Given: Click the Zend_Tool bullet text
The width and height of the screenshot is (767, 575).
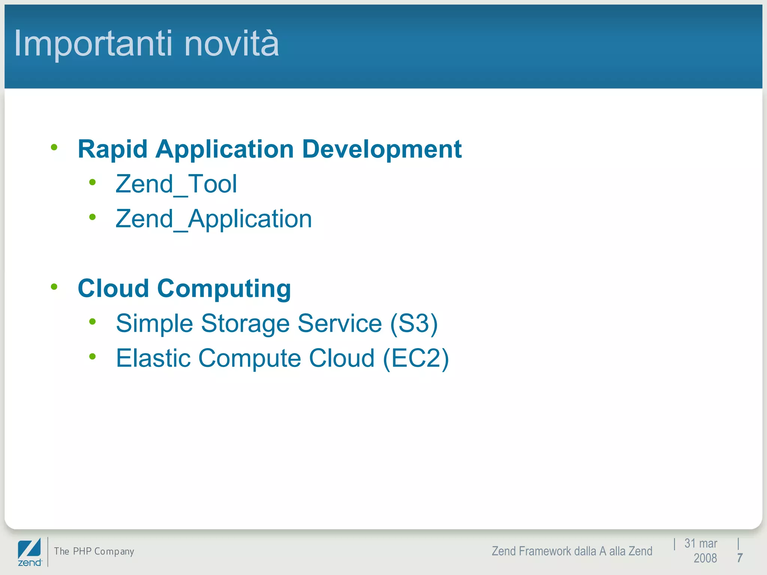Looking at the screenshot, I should (x=176, y=184).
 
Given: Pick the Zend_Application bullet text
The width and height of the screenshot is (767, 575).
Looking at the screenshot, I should (x=213, y=219).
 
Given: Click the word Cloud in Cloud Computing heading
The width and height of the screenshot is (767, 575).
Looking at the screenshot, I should (x=113, y=289).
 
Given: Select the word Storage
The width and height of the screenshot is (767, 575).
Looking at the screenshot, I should (x=245, y=323).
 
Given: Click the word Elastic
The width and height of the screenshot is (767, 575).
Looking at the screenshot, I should (x=153, y=358).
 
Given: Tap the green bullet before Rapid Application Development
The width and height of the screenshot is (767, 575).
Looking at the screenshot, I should (x=54, y=147).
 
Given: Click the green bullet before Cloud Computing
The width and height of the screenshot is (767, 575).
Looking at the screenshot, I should (x=54, y=287).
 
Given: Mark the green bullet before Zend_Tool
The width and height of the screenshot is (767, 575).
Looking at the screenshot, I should (x=93, y=183).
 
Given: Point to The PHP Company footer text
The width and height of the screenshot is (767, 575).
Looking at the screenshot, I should (x=94, y=551).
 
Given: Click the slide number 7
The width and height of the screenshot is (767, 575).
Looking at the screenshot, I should (x=740, y=558).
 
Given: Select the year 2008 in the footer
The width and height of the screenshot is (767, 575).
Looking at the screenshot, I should (x=705, y=558).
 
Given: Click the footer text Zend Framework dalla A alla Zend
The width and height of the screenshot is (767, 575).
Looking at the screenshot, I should (x=572, y=551).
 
